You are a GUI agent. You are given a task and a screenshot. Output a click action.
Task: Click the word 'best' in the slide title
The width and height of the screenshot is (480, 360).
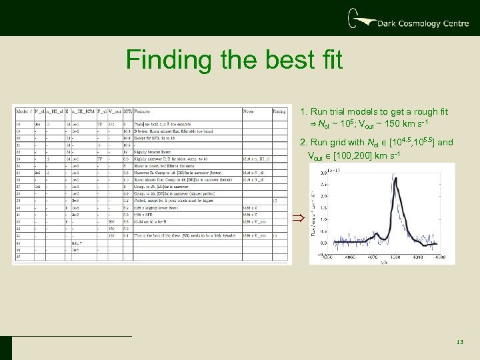[278, 60]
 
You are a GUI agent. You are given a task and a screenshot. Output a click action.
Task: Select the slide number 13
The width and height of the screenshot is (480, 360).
[459, 342]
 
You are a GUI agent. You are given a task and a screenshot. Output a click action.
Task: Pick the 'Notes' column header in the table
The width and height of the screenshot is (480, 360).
[249, 112]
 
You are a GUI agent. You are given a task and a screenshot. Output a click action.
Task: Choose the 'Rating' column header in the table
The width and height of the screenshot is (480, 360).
[279, 112]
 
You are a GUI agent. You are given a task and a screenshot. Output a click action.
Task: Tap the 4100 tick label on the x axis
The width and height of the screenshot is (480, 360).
[440, 257]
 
